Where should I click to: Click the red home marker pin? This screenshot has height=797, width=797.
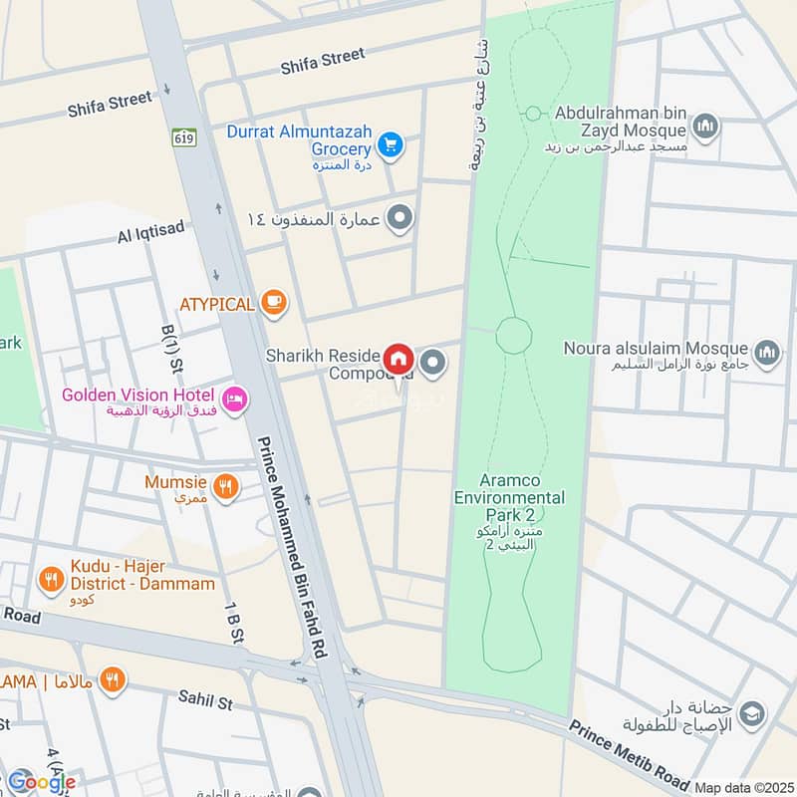pos(398,359)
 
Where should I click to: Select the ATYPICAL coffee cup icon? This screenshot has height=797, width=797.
pos(273,302)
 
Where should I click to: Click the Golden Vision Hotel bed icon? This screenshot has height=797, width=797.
pos(235,398)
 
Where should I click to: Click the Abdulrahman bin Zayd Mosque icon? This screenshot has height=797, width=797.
pos(705,127)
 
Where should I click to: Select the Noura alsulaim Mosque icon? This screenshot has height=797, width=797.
pos(765,351)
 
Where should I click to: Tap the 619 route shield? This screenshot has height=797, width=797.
pos(182,136)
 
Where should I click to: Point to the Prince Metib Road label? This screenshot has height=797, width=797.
pos(630,754)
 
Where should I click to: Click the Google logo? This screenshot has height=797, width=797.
pos(40,782)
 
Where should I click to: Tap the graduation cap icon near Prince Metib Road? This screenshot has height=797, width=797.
pos(754,712)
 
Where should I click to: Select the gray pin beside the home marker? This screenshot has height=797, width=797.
pos(432,364)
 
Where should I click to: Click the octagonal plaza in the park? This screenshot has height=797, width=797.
pos(513,334)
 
